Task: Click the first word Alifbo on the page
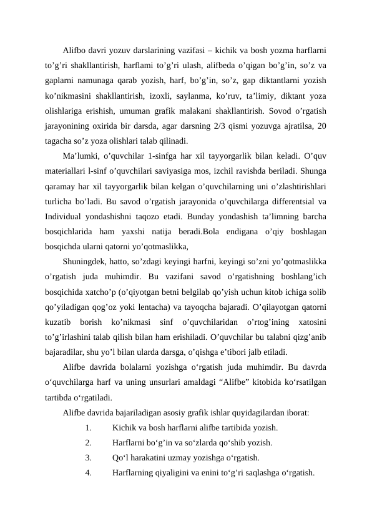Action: click(75, 49)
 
